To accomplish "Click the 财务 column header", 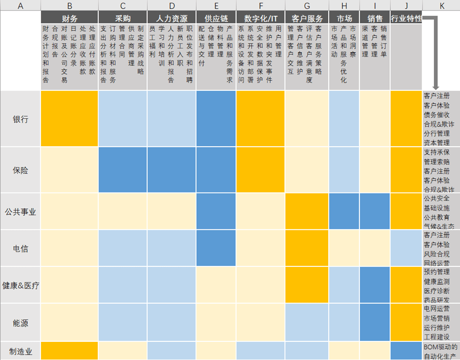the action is point(70,18).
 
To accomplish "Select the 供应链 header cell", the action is point(216,18).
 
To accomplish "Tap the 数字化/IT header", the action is point(261,18).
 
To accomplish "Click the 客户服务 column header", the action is point(307,18).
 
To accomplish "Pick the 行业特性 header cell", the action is point(406,18).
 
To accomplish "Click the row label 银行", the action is point(21,119).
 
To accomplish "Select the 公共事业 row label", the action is point(21,212).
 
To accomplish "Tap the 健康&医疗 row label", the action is point(21,285).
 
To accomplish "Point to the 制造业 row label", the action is point(21,351).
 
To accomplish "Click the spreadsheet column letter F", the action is point(261,5).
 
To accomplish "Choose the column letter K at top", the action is point(442,5).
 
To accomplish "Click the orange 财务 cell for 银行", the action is point(70,119).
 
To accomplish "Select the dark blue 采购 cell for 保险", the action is point(123,170).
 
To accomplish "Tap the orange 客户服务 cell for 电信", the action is point(307,248).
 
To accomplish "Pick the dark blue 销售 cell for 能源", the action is point(375,322).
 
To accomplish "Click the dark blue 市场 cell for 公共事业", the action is point(344,211).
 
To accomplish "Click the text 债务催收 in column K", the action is point(437,115).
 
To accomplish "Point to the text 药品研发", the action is point(437,299).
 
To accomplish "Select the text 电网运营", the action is point(437,308).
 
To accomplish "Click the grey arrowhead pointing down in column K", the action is point(436,88).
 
